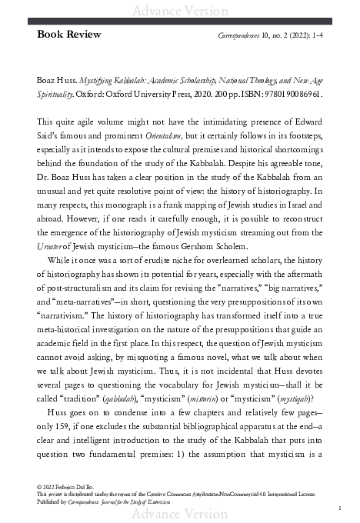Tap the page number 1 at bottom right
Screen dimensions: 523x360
click(339, 508)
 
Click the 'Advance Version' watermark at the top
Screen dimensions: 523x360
click(179, 9)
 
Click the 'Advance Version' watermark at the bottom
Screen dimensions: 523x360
click(179, 515)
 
